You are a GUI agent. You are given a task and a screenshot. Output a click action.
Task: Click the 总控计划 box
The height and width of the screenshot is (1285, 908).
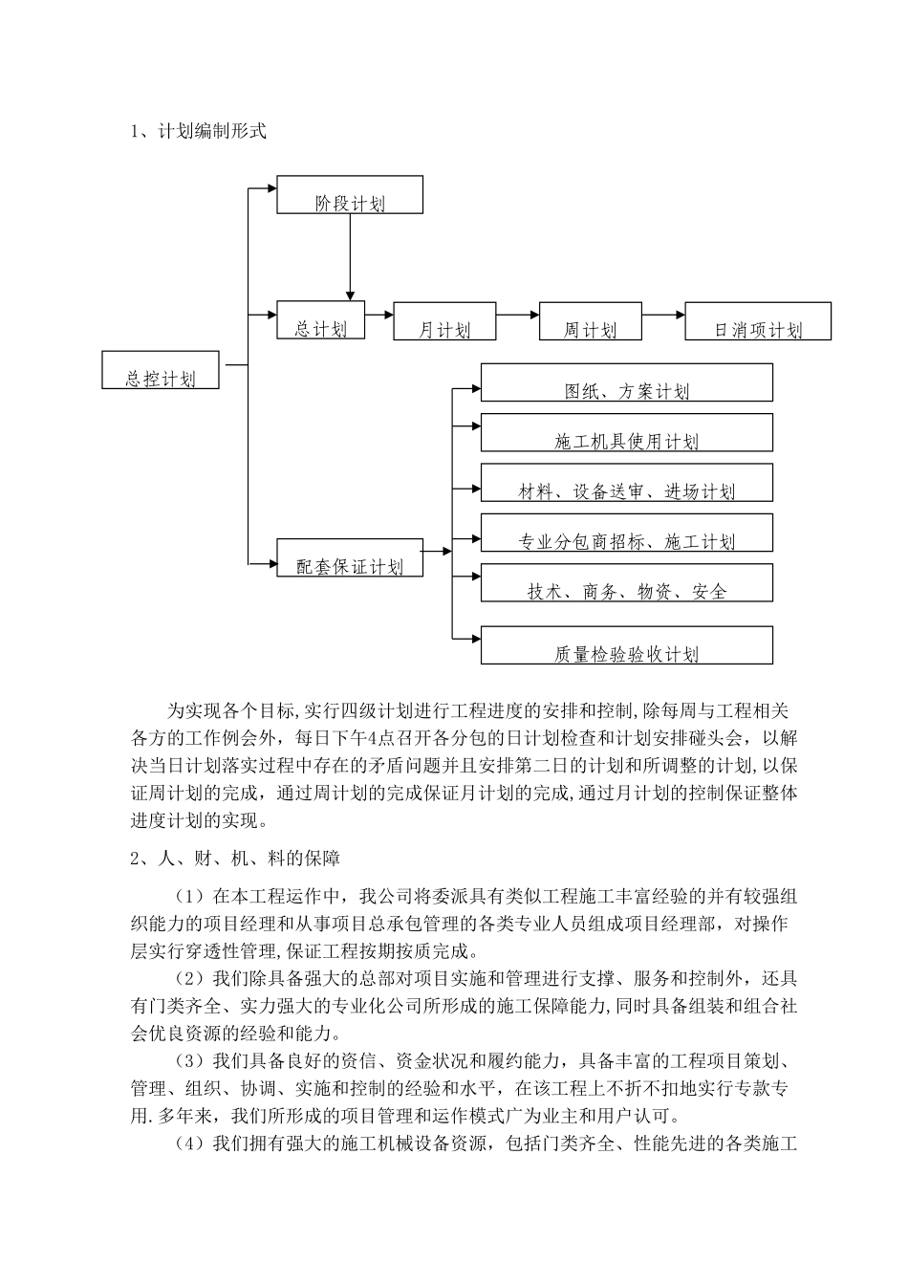(x=161, y=370)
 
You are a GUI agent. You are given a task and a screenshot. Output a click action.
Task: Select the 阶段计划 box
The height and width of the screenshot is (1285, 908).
(x=350, y=194)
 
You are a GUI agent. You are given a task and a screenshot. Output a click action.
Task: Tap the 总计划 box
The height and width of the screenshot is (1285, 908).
(x=320, y=320)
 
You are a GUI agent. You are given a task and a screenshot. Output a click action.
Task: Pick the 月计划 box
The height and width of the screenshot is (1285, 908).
(x=444, y=321)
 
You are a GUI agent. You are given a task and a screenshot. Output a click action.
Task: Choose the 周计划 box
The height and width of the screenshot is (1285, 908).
(x=590, y=321)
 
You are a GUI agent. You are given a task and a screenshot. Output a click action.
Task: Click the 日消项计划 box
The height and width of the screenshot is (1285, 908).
(x=758, y=321)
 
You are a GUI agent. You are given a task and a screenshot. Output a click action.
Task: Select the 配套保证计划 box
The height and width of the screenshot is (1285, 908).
(x=350, y=557)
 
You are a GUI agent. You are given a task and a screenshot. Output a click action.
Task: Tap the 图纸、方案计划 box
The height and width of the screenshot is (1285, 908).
(x=626, y=382)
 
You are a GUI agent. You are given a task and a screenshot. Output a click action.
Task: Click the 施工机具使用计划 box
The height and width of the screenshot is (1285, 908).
(x=626, y=432)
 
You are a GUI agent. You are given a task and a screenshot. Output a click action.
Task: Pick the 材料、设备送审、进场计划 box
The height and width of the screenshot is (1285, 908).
(x=626, y=483)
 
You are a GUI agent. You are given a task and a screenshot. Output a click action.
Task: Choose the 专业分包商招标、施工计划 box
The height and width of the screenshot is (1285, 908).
(x=626, y=533)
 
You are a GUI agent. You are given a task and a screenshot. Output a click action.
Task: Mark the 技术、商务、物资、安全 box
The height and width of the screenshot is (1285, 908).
(x=626, y=583)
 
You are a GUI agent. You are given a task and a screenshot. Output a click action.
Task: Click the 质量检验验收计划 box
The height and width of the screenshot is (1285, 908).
(x=626, y=645)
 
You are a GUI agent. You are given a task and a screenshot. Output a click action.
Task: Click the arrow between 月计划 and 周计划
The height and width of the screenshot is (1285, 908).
(x=518, y=314)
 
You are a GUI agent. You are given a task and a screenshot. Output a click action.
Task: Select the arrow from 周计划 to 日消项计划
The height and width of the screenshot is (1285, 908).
(x=663, y=314)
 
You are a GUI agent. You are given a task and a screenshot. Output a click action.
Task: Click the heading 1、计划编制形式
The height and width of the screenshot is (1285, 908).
(x=198, y=132)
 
